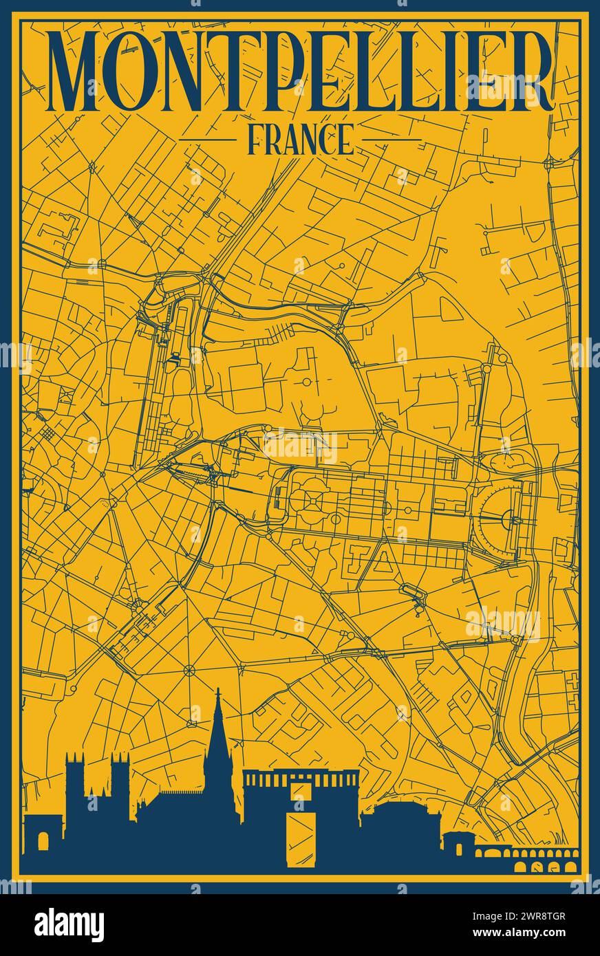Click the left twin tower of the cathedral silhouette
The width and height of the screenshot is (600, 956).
tap(75, 777)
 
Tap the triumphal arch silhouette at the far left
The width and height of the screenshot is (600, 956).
tap(43, 836)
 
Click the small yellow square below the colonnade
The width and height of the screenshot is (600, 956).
tap(301, 791)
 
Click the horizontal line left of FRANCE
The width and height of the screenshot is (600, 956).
tap(206, 140)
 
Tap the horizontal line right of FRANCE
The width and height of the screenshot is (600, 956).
tap(392, 140)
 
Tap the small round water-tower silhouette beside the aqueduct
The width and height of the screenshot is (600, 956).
tap(457, 843)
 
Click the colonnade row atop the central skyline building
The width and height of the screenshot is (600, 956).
tap(301, 779)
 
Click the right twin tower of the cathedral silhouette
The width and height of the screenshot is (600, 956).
tap(120, 777)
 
